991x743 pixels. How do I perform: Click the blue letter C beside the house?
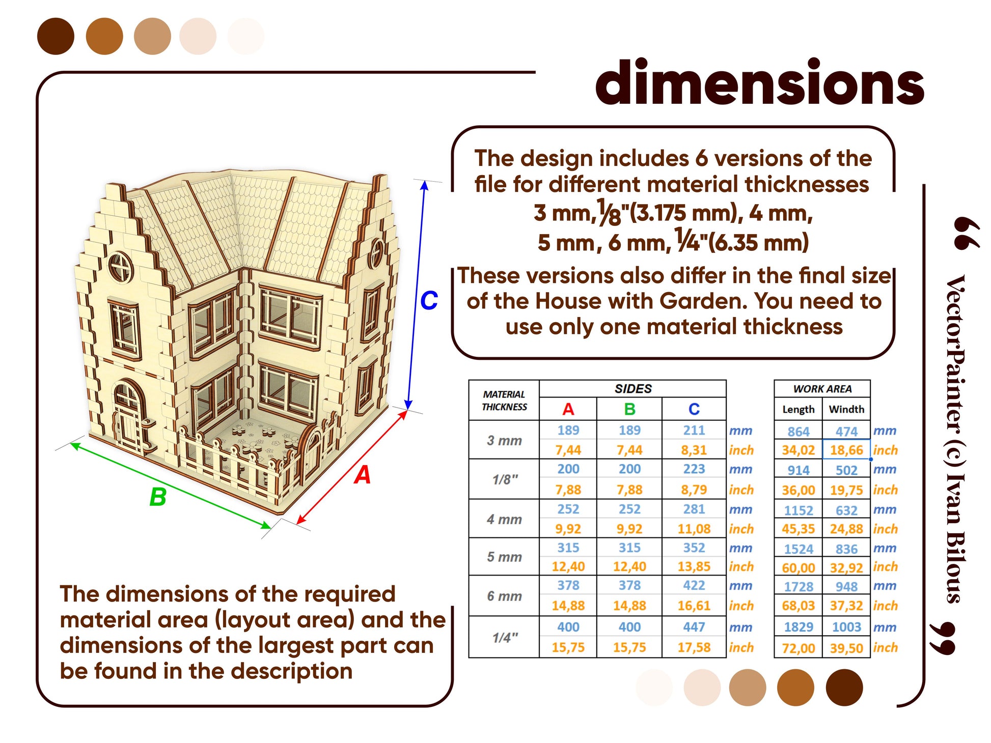pyautogui.click(x=429, y=300)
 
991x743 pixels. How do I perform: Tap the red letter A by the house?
pyautogui.click(x=363, y=475)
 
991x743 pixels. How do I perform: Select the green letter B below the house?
pyautogui.click(x=158, y=497)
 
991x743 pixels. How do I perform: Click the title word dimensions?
pyautogui.click(x=759, y=82)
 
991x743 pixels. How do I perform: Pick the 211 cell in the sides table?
pyautogui.click(x=694, y=430)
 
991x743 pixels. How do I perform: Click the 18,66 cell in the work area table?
pyautogui.click(x=846, y=450)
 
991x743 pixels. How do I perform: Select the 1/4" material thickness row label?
pyautogui.click(x=505, y=637)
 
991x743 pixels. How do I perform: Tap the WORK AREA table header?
pyautogui.click(x=822, y=389)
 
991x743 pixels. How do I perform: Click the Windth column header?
pyautogui.click(x=846, y=409)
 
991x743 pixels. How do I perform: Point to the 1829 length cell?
pyautogui.click(x=798, y=627)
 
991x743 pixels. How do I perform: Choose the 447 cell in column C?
pyautogui.click(x=694, y=627)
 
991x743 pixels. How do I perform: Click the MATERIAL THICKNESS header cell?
pyautogui.click(x=504, y=401)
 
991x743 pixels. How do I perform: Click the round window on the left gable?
pyautogui.click(x=121, y=266)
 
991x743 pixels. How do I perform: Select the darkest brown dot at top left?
pyautogui.click(x=56, y=36)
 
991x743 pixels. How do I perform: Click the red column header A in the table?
pyautogui.click(x=568, y=409)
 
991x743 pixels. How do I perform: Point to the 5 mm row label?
pyautogui.click(x=504, y=557)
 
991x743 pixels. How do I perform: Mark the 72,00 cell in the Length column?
pyautogui.click(x=798, y=648)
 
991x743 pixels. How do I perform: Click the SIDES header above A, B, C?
pyautogui.click(x=633, y=389)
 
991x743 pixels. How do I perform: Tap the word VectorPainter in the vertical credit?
pyautogui.click(x=955, y=356)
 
